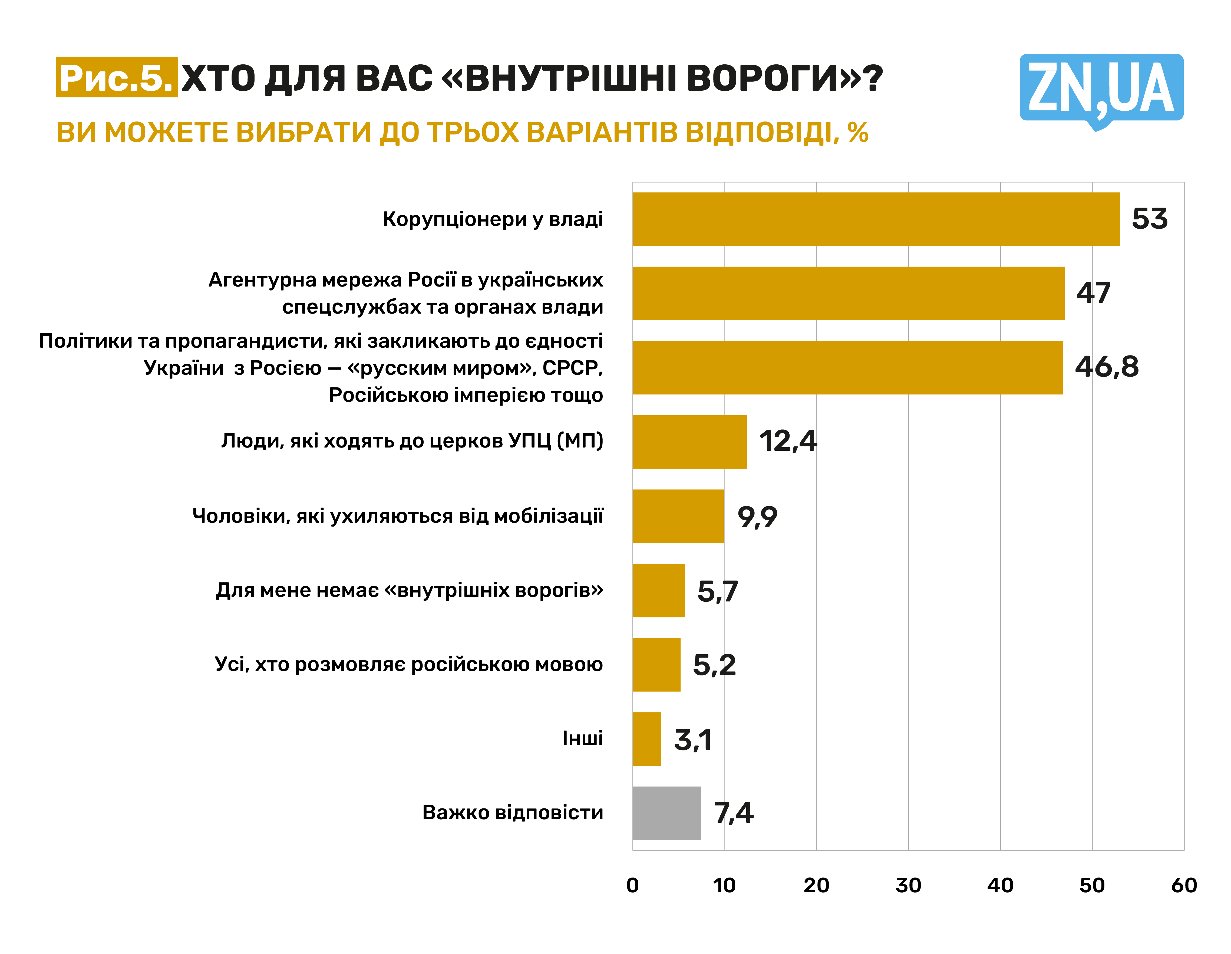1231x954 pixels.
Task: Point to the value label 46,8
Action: tap(1106, 367)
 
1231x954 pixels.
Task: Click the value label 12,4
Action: tap(787, 441)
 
